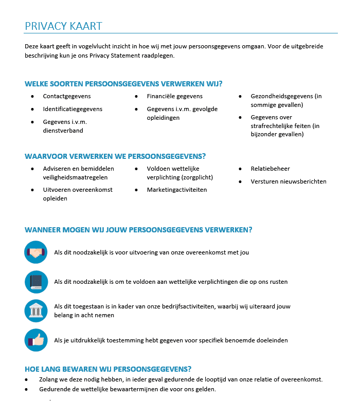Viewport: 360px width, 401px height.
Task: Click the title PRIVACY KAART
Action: (x=63, y=26)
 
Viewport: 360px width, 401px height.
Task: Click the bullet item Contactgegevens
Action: (x=67, y=96)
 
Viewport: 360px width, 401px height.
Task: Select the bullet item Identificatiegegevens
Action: (x=73, y=109)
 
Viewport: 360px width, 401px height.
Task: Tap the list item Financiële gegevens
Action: (x=175, y=96)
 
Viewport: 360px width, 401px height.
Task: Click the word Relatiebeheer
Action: (x=271, y=169)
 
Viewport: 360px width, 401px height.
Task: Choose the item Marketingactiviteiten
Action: (x=177, y=190)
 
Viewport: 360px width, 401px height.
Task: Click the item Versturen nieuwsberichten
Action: (x=289, y=181)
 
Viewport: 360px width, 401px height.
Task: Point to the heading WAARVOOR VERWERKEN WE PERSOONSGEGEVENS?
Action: (x=115, y=156)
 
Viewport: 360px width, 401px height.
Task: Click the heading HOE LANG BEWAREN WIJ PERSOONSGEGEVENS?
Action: (x=108, y=369)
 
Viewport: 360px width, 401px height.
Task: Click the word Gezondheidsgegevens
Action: (x=281, y=96)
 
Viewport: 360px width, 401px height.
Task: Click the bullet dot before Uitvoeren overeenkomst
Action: (x=33, y=190)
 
